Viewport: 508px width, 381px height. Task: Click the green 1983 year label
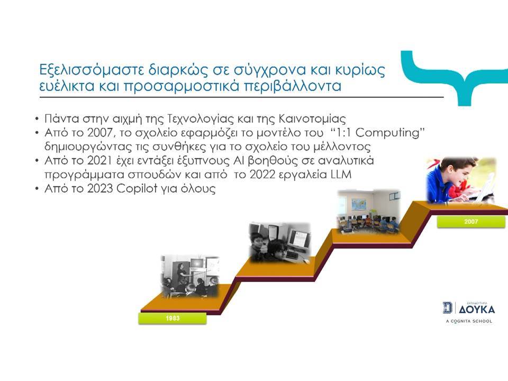click(x=173, y=318)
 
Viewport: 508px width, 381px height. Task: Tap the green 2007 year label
click(x=471, y=222)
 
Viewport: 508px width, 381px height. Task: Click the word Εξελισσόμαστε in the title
click(x=92, y=70)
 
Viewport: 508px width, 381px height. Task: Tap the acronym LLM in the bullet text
click(x=341, y=175)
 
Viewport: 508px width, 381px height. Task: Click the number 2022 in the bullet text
click(x=262, y=175)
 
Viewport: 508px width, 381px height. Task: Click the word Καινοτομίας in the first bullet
click(x=312, y=119)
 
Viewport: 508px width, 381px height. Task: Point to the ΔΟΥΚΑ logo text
click(x=477, y=310)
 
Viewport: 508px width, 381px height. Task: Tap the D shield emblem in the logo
click(x=448, y=307)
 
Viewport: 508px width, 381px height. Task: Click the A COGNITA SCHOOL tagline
click(x=469, y=321)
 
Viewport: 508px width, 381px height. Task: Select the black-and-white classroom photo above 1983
click(x=190, y=276)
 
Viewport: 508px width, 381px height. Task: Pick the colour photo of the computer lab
click(x=369, y=211)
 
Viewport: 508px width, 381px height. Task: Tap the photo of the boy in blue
click(x=461, y=180)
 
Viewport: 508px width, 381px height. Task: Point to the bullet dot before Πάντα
click(x=37, y=119)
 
